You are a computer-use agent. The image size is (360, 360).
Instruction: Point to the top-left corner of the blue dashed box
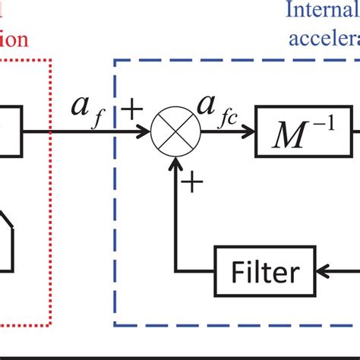tap(115, 63)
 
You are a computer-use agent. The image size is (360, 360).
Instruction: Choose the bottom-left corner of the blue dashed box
tap(115, 325)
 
